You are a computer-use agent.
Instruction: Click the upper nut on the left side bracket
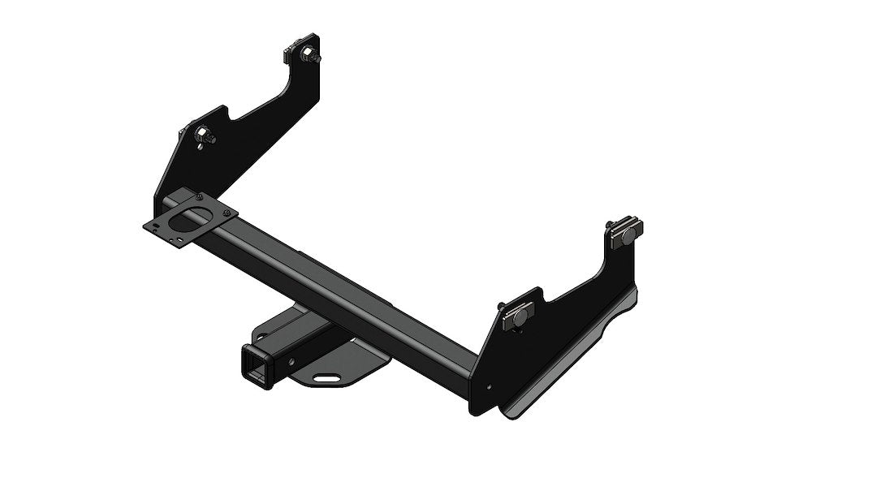tap(311, 57)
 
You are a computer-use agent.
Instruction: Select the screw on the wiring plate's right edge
tap(228, 213)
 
